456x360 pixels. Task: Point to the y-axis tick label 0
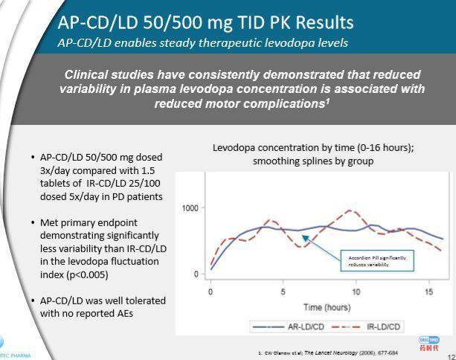pos(196,274)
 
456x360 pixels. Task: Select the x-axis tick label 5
pos(283,291)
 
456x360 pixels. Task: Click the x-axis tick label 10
pos(356,291)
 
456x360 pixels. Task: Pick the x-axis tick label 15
pos(428,291)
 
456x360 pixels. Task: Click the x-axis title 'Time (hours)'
pos(327,306)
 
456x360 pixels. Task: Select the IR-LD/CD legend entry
pos(372,326)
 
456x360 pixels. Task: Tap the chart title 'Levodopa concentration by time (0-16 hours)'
pos(313,148)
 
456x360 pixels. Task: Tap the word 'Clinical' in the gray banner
pos(89,74)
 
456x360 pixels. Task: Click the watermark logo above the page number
pos(430,343)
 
